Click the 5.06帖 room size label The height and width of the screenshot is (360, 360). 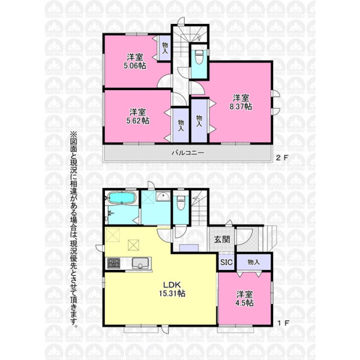point(135,66)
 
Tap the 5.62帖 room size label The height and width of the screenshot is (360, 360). point(138,121)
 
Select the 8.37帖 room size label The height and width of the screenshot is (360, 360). point(241,107)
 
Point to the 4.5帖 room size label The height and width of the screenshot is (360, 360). point(245,303)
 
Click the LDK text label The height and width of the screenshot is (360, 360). point(172,285)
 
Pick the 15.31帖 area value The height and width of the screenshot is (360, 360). point(172,293)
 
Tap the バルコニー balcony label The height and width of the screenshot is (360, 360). point(188,152)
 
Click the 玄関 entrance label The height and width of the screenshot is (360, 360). point(222,239)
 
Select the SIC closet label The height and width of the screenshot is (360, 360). point(226,262)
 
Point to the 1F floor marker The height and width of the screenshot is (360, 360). point(283,323)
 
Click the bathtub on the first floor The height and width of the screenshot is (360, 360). point(121,197)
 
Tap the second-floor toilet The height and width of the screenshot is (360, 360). point(199,55)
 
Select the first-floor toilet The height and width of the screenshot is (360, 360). point(181,203)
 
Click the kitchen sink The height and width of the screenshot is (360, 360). point(140,263)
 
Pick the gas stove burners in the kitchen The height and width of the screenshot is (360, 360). point(114,263)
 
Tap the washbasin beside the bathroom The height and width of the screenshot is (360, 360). point(163,196)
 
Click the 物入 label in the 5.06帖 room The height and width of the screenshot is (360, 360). point(165,48)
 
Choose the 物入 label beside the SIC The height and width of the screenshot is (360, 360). point(254,262)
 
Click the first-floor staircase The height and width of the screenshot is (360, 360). point(199,208)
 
